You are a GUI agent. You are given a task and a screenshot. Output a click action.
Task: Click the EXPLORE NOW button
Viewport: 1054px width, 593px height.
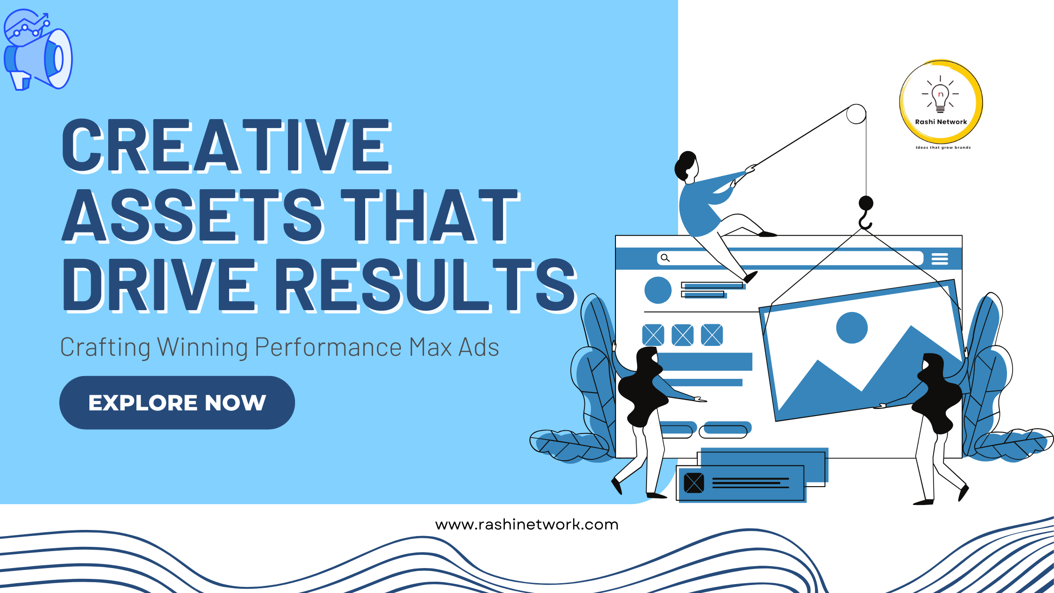coord(177,402)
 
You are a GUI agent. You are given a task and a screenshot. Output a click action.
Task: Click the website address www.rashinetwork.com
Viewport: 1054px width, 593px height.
coord(527,524)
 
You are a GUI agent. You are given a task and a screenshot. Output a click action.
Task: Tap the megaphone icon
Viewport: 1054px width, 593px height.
coord(38,50)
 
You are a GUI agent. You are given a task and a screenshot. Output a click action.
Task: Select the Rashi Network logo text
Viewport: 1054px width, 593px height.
coord(941,121)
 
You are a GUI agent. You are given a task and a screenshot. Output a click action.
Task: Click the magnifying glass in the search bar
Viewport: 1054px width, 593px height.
coord(665,258)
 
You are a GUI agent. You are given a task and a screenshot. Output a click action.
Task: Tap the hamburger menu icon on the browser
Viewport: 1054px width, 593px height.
coord(940,258)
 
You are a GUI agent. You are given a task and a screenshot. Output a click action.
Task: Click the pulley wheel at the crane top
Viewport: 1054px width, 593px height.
coord(856,114)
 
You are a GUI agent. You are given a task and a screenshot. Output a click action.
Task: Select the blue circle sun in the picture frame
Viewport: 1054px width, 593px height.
coord(852,328)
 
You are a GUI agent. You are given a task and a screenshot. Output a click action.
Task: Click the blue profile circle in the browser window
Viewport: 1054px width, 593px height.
coord(658,290)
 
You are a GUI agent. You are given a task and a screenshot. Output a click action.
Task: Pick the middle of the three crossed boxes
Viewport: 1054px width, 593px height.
coord(682,335)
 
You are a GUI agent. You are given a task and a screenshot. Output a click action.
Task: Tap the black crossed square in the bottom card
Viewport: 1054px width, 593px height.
coord(694,483)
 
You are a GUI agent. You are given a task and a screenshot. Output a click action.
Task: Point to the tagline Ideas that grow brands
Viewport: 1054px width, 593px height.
coord(943,147)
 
